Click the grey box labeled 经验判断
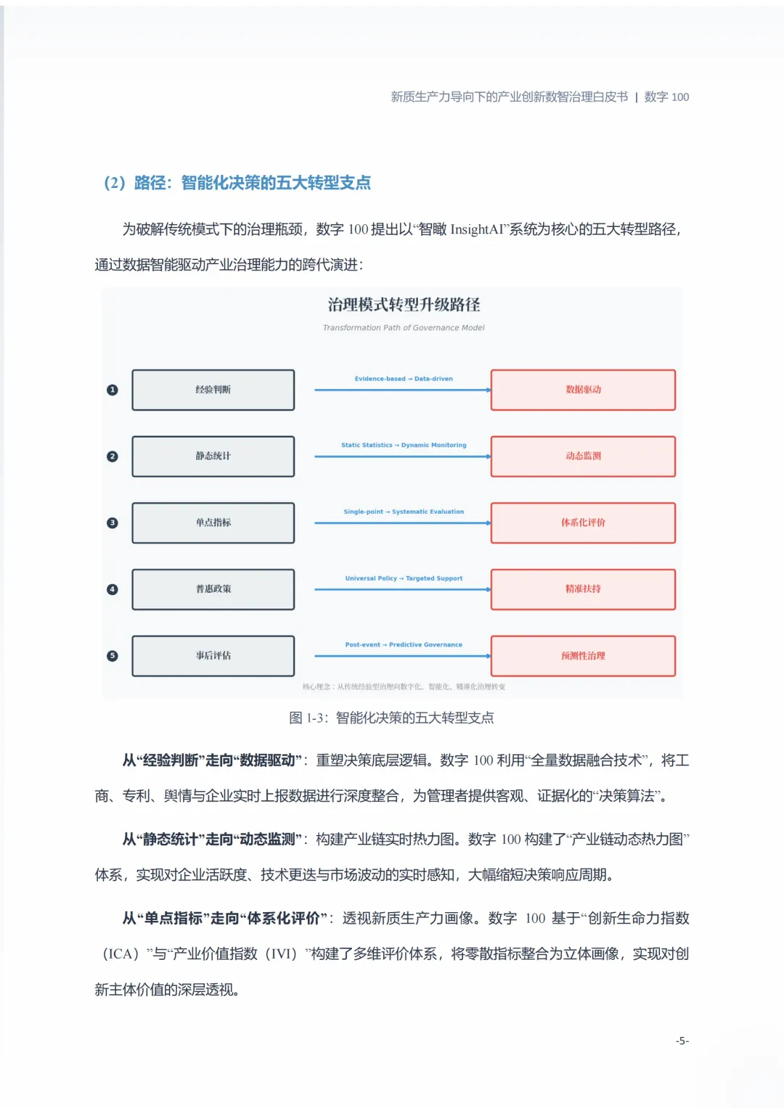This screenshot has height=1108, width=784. (213, 390)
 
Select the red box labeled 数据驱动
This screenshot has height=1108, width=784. (583, 390)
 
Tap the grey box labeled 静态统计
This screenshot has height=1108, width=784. (213, 456)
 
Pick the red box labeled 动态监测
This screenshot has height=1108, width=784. (583, 456)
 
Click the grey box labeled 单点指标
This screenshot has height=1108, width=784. (213, 522)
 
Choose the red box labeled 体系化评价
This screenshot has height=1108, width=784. (583, 522)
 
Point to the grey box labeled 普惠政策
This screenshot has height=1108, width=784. (213, 589)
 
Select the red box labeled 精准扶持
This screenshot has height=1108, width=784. (583, 589)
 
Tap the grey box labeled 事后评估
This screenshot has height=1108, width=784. (213, 656)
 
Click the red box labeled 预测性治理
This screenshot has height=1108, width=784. (583, 656)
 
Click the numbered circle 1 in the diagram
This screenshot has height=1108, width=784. (112, 390)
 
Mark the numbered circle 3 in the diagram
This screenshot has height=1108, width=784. (112, 522)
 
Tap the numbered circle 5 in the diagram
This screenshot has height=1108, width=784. (112, 656)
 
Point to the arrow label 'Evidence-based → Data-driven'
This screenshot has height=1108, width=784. (404, 379)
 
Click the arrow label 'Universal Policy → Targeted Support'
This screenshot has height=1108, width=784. (404, 578)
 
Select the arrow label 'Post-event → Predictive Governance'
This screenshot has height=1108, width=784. (404, 644)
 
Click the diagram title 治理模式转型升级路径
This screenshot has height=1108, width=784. (404, 305)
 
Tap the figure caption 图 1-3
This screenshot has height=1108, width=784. (391, 718)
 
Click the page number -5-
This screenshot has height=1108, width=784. (682, 1041)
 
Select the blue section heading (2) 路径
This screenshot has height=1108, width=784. (237, 183)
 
